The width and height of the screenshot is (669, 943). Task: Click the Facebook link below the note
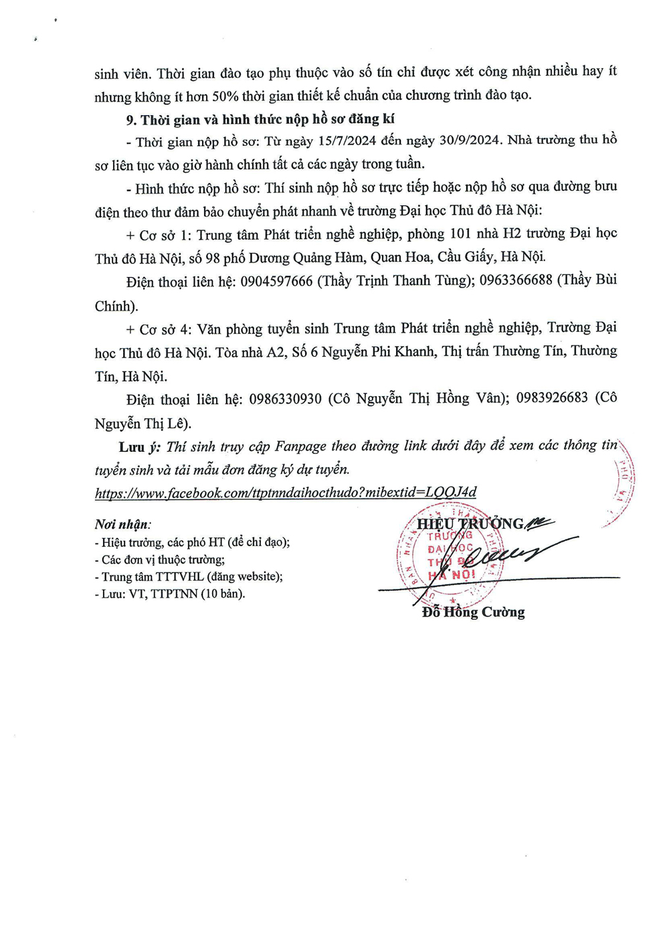(286, 493)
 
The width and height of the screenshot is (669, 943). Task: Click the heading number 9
(131, 120)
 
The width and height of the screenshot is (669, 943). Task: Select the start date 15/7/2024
(347, 141)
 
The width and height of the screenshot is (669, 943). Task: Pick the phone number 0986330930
(285, 399)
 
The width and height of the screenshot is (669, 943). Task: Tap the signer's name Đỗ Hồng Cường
(473, 612)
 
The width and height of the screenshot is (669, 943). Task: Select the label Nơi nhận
(122, 525)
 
